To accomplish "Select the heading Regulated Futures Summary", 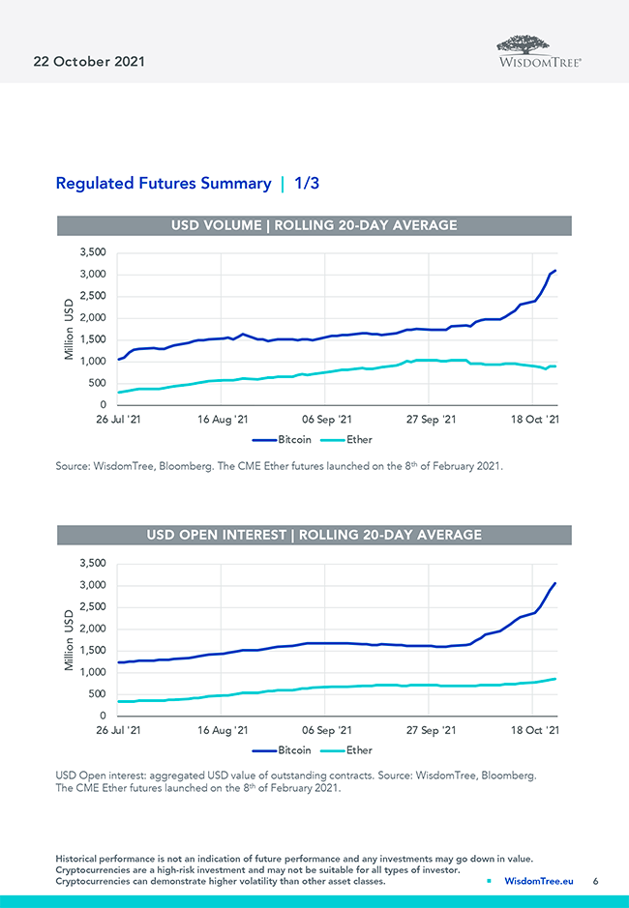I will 164,183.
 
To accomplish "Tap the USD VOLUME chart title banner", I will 314,225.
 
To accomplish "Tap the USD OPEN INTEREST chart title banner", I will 314,535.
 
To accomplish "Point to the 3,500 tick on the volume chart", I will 92,252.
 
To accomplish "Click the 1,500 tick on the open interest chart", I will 92,650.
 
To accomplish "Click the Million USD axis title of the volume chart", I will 69,329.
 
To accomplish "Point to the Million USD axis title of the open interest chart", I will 69,639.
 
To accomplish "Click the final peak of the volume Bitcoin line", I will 555,271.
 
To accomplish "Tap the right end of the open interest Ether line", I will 555,679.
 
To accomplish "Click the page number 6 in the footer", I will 596,881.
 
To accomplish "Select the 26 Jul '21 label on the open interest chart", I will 118,731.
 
